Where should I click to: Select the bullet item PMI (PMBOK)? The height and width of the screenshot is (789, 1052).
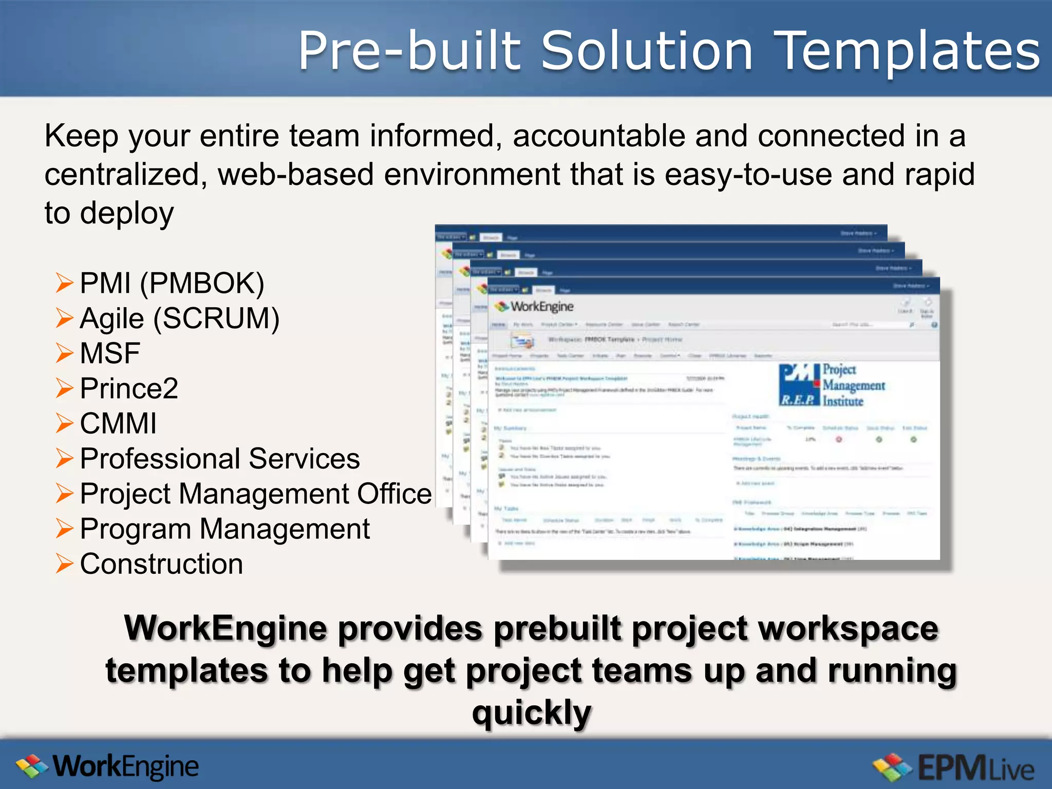(172, 283)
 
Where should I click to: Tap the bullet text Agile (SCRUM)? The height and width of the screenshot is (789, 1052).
(180, 318)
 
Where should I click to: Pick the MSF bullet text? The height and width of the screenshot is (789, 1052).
(110, 353)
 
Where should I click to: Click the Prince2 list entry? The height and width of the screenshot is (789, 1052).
(129, 388)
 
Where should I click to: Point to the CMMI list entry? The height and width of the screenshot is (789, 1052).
(118, 423)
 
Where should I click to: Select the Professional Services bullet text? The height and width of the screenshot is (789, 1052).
(220, 458)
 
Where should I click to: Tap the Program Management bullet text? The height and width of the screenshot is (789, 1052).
(225, 529)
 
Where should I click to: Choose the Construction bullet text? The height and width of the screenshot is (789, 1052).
(161, 563)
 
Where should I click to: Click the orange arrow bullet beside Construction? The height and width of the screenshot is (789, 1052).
(65, 563)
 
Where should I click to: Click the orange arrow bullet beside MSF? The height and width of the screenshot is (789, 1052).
(65, 353)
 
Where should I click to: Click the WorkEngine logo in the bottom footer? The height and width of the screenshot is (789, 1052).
(108, 767)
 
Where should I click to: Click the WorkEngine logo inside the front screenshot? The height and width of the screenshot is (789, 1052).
(534, 307)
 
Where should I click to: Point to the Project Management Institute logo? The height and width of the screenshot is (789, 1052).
(832, 385)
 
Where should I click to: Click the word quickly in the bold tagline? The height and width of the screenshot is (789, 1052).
(532, 713)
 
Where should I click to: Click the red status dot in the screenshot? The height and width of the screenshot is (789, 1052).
(839, 440)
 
